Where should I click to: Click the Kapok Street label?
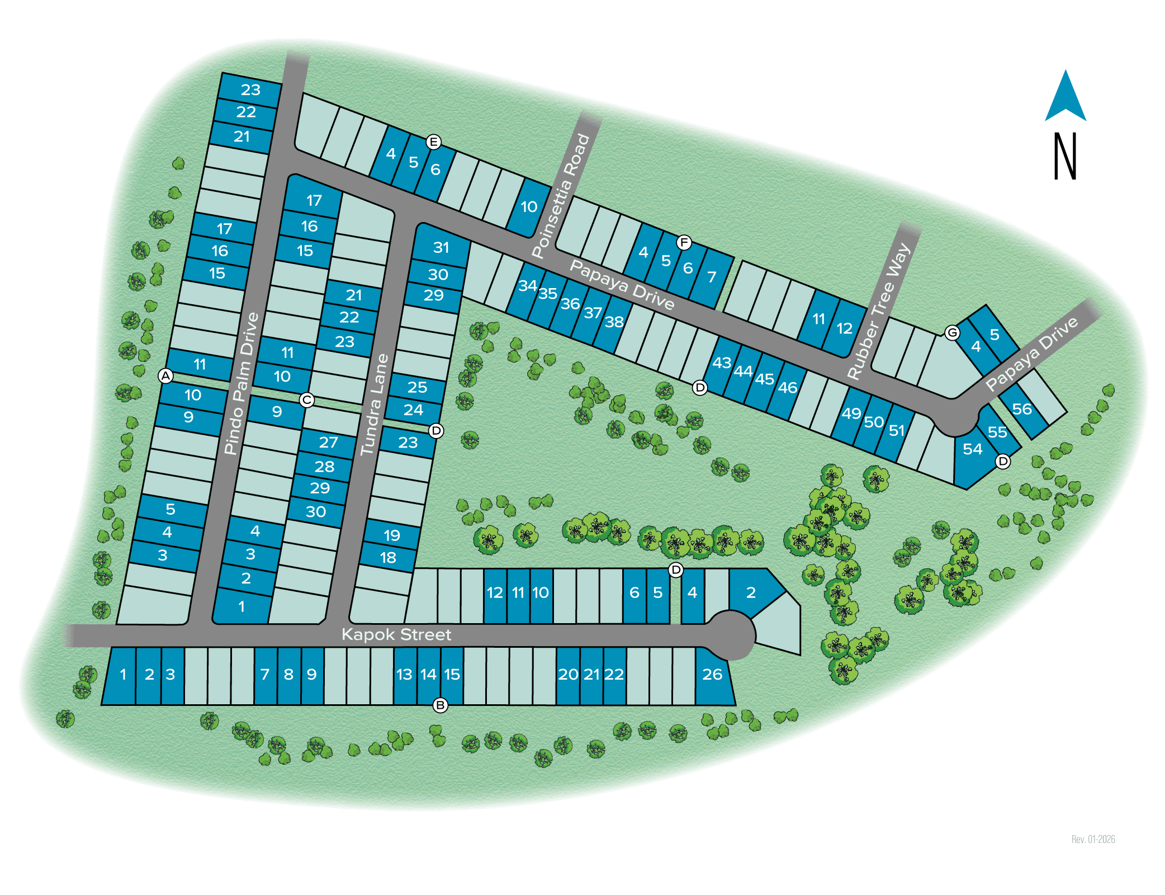tap(396, 634)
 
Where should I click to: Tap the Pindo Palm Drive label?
tap(241, 384)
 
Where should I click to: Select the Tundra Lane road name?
tap(374, 404)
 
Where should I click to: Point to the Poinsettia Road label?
tap(561, 196)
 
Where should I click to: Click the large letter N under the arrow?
tap(1065, 156)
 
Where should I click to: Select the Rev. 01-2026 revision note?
tap(1093, 839)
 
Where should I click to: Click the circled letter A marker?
tap(165, 376)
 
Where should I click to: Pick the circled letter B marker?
tap(441, 705)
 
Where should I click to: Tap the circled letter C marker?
tap(306, 400)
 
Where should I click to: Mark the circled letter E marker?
tap(433, 142)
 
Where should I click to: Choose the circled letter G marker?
tap(952, 333)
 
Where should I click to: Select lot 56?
tap(1022, 409)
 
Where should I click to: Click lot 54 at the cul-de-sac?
tap(973, 449)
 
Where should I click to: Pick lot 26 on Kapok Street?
tap(712, 674)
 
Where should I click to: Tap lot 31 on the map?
tap(441, 247)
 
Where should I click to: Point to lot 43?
tap(721, 362)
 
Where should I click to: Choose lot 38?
tap(614, 322)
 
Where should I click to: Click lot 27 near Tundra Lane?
tap(328, 442)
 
